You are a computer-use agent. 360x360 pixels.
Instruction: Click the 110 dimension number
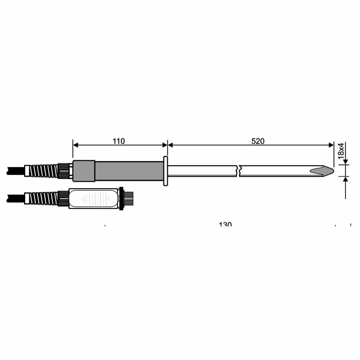(x=118, y=141)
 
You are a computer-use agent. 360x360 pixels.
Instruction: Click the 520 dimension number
(x=258, y=141)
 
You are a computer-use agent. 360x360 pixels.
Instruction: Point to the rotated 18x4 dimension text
(x=341, y=149)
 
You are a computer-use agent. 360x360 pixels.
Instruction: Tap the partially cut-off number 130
(x=225, y=224)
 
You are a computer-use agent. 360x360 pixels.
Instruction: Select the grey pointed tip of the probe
(x=324, y=171)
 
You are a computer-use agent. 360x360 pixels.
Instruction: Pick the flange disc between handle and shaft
(x=166, y=171)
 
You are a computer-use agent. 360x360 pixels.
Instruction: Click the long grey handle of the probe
(x=129, y=171)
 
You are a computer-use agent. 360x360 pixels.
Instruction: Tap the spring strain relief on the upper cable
(x=44, y=171)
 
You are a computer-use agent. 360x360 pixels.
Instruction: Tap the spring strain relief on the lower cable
(x=42, y=198)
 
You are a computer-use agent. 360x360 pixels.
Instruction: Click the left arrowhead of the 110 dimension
(x=76, y=145)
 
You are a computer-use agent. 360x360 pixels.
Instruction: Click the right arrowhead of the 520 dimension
(x=331, y=145)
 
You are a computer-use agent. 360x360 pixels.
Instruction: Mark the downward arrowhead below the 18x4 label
(x=345, y=162)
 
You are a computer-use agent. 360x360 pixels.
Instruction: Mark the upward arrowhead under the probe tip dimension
(x=345, y=179)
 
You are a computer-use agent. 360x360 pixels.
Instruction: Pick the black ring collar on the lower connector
(x=121, y=198)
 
